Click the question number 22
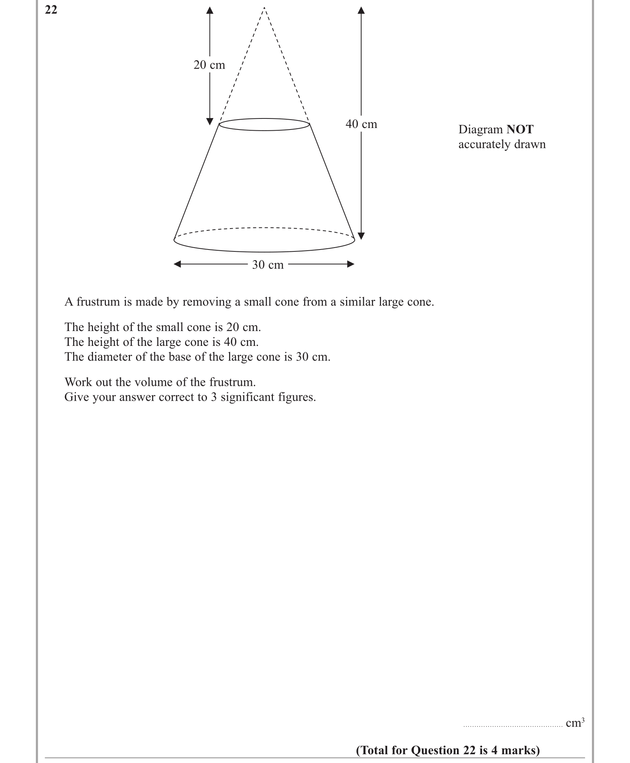click(51, 10)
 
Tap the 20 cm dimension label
click(209, 65)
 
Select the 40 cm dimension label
click(361, 124)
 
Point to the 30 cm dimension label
click(268, 265)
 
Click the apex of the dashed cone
click(264, 8)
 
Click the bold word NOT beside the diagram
click(520, 130)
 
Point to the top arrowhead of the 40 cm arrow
click(361, 10)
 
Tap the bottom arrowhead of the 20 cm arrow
click(210, 122)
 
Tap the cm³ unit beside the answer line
click(575, 723)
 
